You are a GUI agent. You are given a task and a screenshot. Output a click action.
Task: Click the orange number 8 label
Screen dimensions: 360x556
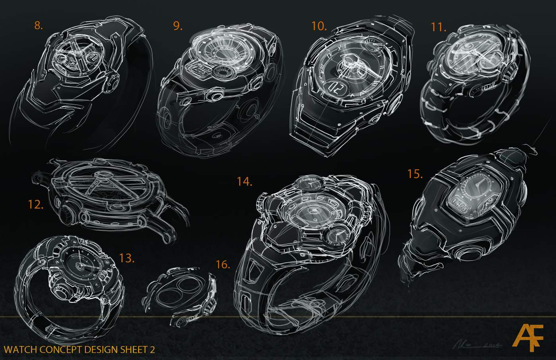click(38, 25)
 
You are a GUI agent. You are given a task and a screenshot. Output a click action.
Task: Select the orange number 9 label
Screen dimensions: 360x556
click(178, 26)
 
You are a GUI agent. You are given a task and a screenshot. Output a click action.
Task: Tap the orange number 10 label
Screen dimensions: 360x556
click(319, 26)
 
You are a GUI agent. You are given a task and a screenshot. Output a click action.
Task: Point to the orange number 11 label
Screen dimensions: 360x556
click(438, 27)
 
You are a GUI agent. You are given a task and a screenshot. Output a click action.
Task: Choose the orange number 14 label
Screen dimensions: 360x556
click(244, 182)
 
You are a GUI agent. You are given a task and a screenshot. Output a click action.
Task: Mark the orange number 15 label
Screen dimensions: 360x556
click(415, 174)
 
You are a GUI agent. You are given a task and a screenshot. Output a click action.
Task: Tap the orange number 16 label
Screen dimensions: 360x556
click(222, 265)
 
